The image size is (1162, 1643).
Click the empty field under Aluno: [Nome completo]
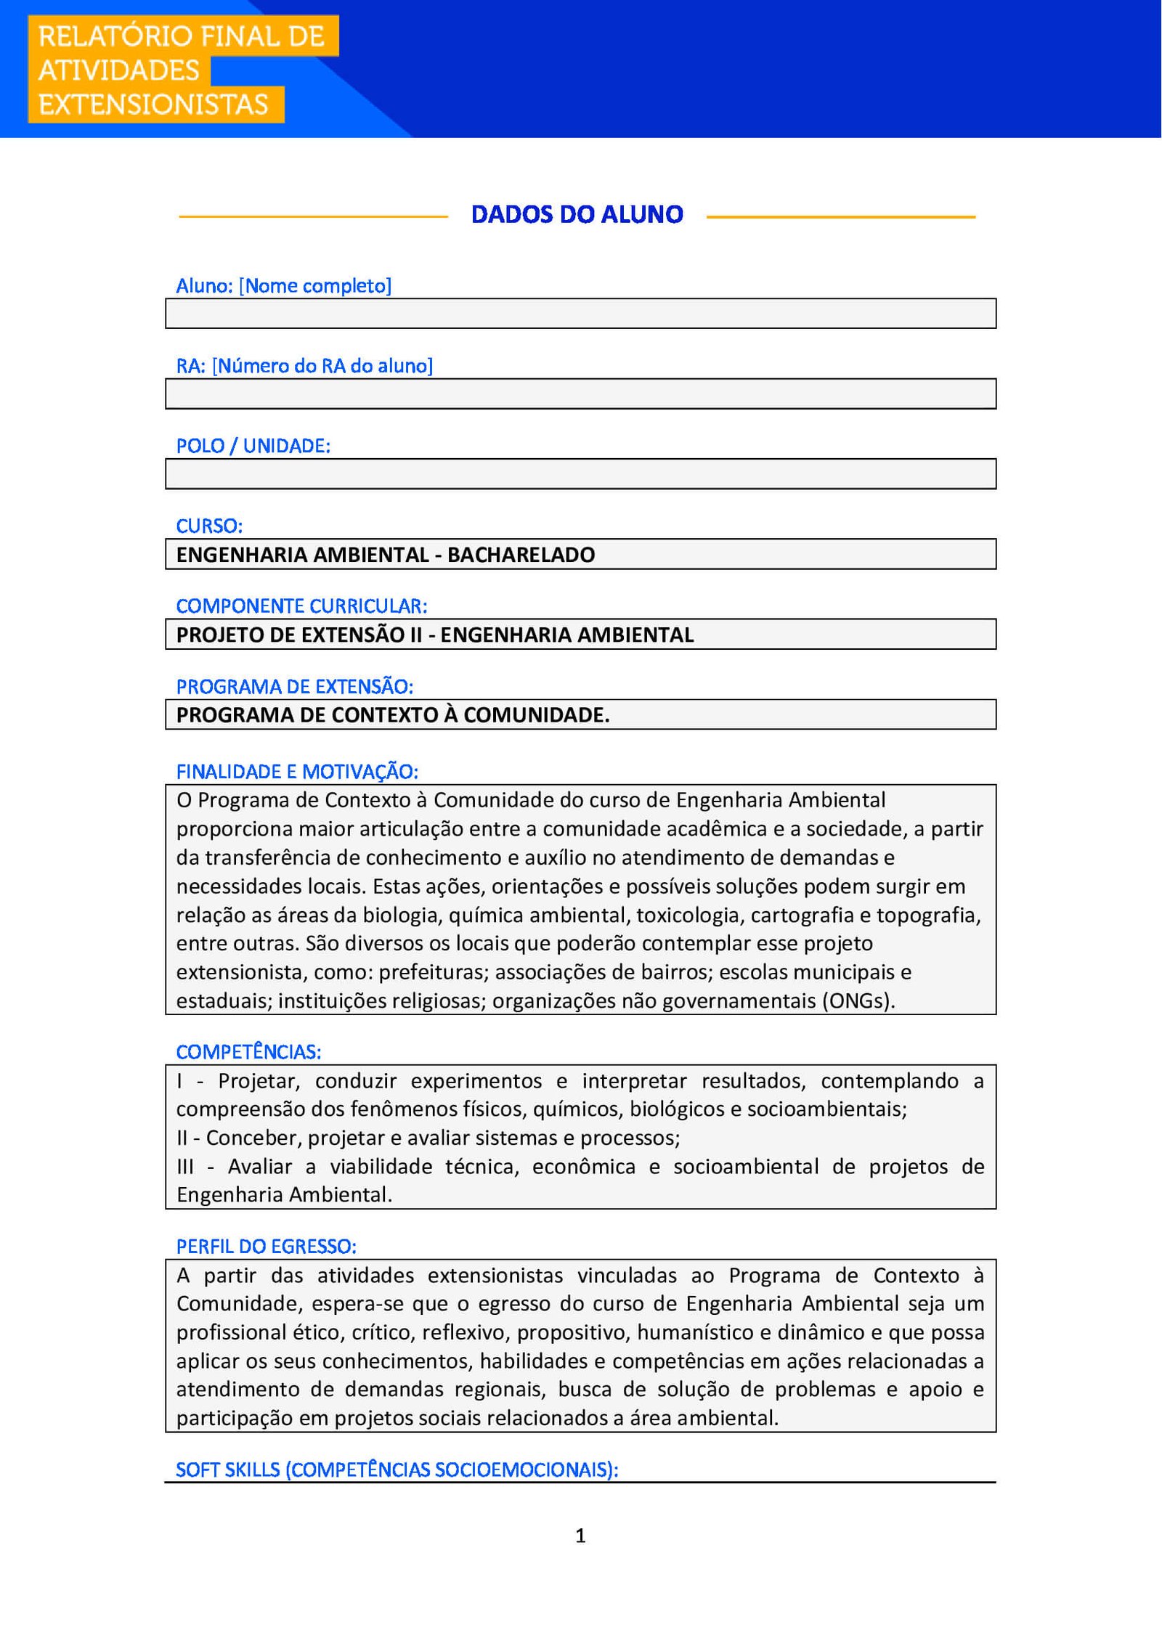pyautogui.click(x=580, y=314)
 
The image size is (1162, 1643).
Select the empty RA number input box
pyautogui.click(x=580, y=394)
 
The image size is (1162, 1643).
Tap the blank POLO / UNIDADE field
pyautogui.click(x=580, y=473)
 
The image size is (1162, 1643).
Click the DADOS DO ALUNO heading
pyautogui.click(x=577, y=214)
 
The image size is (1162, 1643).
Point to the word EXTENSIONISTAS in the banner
pyautogui.click(x=153, y=105)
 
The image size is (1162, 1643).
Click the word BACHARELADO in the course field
pyautogui.click(x=521, y=555)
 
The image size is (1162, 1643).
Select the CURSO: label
pyautogui.click(x=209, y=526)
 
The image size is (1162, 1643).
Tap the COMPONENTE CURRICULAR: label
pyautogui.click(x=301, y=606)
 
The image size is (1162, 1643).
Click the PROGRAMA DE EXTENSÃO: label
pyautogui.click(x=294, y=686)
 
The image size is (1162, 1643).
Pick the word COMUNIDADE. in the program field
pyautogui.click(x=536, y=715)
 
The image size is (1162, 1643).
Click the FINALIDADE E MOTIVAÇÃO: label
pyautogui.click(x=297, y=771)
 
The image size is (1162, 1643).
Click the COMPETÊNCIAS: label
pyautogui.click(x=248, y=1051)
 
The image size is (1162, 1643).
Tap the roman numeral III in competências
pyautogui.click(x=185, y=1166)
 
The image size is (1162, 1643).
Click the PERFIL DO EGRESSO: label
pyautogui.click(x=266, y=1246)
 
